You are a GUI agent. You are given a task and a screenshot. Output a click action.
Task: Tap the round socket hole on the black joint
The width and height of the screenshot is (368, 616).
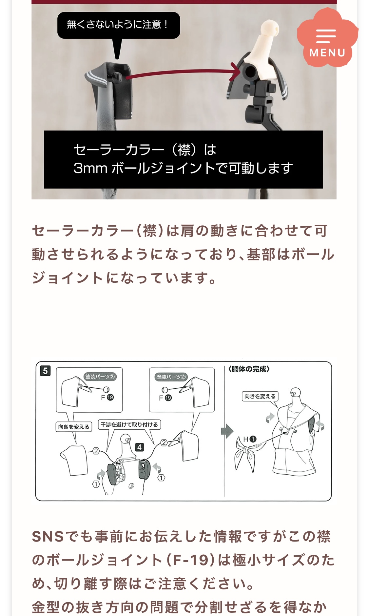tap(250, 71)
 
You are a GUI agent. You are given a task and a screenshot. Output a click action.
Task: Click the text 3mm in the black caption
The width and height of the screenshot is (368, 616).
tap(90, 168)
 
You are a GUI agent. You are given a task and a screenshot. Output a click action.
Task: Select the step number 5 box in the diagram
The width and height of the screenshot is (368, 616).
tap(45, 371)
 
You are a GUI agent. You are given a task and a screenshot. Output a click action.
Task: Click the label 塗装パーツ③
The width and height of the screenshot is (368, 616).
tap(100, 377)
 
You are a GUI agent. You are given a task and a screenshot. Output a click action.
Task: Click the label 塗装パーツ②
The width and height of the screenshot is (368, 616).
tap(171, 377)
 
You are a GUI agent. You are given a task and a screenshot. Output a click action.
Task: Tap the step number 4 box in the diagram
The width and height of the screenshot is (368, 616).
tap(140, 447)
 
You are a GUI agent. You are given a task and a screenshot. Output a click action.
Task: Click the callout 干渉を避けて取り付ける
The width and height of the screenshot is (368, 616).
tap(129, 424)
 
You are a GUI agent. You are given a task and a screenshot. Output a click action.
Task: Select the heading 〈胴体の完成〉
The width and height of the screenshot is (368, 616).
tap(249, 369)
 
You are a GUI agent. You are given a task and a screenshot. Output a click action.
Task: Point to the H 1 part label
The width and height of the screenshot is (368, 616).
tap(250, 439)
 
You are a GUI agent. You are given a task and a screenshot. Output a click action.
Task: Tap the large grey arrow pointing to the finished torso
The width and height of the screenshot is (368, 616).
tap(227, 431)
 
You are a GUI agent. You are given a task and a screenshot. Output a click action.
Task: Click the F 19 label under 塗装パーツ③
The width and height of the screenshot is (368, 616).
tap(107, 397)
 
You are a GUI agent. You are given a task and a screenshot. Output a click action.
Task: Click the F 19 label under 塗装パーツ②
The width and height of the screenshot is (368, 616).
tap(165, 398)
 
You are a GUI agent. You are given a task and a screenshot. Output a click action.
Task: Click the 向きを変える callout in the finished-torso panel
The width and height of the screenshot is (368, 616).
tap(260, 396)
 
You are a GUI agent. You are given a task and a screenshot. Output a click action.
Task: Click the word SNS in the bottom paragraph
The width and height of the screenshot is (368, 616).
tap(48, 537)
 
